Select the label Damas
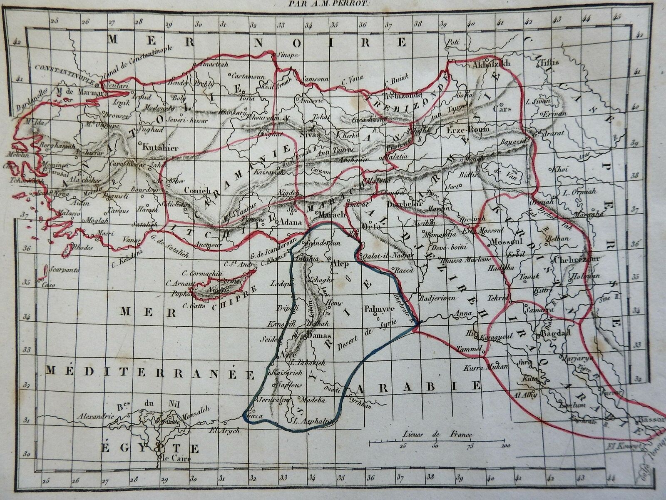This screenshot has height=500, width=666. (319, 336)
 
